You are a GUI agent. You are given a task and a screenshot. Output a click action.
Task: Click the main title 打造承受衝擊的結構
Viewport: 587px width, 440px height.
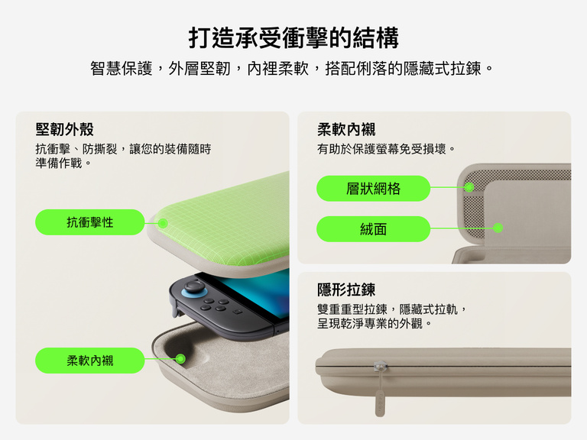click(x=293, y=37)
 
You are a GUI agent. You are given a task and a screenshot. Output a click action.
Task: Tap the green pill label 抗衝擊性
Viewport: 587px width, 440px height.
click(x=90, y=222)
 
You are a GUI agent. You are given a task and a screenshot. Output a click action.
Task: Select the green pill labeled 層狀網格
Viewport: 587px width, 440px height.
click(x=373, y=189)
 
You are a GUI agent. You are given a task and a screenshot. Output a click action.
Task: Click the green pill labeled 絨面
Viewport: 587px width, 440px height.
click(x=373, y=229)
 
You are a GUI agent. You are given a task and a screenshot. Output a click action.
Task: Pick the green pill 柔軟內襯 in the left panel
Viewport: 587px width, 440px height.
click(x=90, y=361)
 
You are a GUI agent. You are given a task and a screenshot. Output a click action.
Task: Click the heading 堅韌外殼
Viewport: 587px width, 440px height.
click(x=64, y=129)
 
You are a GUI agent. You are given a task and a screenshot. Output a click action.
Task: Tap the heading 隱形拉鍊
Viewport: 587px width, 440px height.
click(x=346, y=290)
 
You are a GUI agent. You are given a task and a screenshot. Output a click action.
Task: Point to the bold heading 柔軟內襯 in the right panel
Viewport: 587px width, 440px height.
click(x=346, y=129)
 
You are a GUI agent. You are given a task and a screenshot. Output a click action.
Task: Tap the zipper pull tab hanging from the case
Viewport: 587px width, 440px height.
click(x=379, y=403)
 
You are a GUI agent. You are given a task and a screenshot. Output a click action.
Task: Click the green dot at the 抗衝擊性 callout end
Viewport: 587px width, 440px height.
click(x=163, y=223)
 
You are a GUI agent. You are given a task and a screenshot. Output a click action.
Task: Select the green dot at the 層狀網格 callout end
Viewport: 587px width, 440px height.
click(x=469, y=186)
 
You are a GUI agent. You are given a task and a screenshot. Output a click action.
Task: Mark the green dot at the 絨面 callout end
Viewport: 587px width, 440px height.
click(x=498, y=228)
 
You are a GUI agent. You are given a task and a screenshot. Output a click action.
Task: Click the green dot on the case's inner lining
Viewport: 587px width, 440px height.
click(x=180, y=359)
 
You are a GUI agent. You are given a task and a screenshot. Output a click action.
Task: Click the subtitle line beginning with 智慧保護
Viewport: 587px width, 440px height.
click(x=291, y=69)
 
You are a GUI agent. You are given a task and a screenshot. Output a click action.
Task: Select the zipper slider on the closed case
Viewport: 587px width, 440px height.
click(x=380, y=366)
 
